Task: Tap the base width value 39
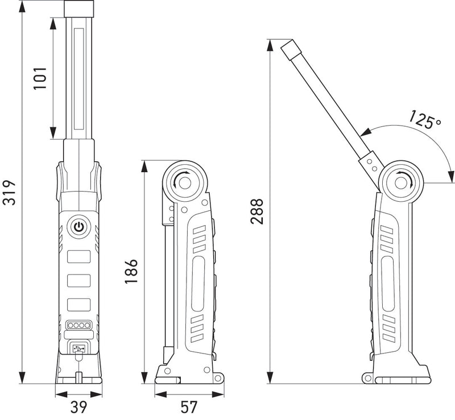79,407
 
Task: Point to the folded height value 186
130,272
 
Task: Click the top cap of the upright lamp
79,9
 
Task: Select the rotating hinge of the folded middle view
184,182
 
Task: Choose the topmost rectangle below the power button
79,256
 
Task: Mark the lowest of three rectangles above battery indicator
79,305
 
